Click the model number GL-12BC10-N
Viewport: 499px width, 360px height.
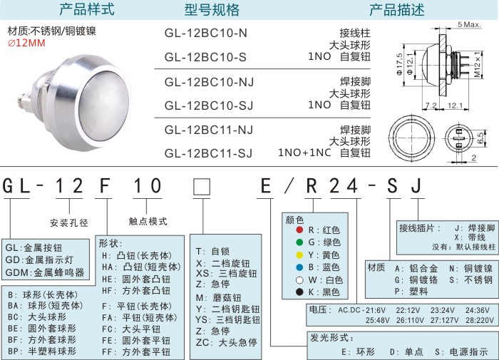(x=205, y=33)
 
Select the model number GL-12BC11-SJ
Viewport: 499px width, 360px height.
(x=208, y=153)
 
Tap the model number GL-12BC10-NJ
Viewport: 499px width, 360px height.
(x=209, y=82)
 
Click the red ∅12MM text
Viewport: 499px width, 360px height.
(x=26, y=43)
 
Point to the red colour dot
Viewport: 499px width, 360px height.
(x=299, y=230)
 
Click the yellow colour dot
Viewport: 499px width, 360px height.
(x=299, y=255)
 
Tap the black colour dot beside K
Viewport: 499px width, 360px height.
(x=299, y=292)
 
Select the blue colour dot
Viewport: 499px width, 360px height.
(x=299, y=267)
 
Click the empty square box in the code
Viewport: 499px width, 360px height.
(x=202, y=187)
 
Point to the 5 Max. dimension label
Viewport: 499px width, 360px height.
(x=469, y=24)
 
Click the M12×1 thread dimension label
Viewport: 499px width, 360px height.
(x=478, y=65)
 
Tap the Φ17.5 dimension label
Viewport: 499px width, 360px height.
(x=399, y=64)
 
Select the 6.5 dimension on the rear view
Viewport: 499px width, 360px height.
(x=480, y=138)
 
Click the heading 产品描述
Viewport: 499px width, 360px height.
(x=397, y=10)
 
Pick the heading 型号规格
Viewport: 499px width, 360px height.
(x=212, y=10)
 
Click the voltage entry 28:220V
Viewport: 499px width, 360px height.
(x=480, y=320)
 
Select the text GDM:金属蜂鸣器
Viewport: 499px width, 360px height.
(x=45, y=272)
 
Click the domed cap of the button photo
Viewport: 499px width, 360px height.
(x=105, y=106)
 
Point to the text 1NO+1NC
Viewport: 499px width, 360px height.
(x=304, y=153)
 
